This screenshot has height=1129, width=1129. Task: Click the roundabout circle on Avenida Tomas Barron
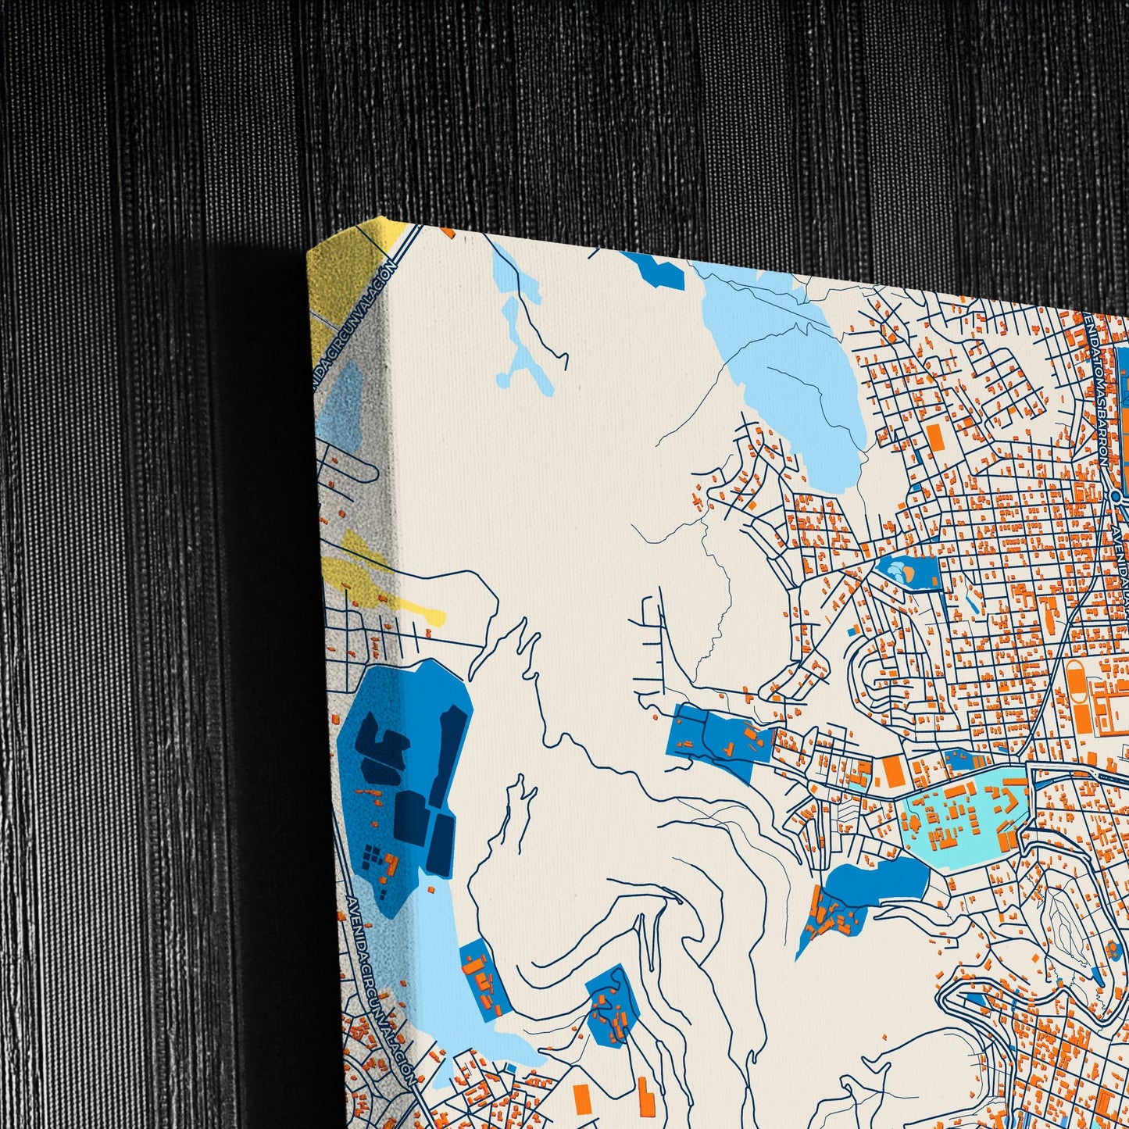click(1117, 495)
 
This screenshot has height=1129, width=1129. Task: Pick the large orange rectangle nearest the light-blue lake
click(935, 438)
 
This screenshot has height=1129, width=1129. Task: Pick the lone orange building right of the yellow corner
click(448, 231)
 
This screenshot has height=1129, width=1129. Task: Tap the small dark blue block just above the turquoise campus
click(956, 759)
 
